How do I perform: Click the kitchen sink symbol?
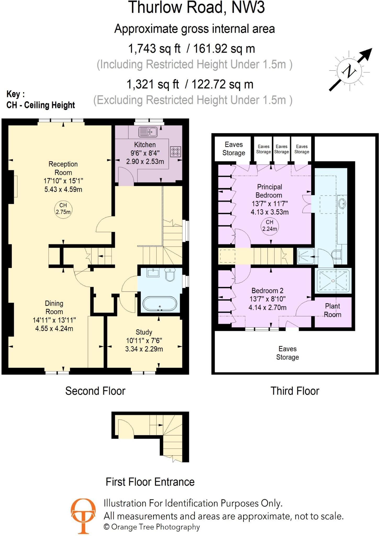[x=148, y=132]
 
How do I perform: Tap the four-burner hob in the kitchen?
[x=175, y=152]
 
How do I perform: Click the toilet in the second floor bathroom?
[x=170, y=274]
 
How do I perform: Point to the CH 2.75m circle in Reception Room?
[x=63, y=209]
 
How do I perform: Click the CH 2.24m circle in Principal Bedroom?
[x=270, y=226]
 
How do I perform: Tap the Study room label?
[x=144, y=332]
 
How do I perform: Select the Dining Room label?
[x=54, y=308]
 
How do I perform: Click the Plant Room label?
[x=332, y=310]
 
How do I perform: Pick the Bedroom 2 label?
[x=267, y=291]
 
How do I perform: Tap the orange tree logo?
[x=83, y=516]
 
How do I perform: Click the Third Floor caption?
[x=295, y=391]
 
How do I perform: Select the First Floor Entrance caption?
[x=150, y=482]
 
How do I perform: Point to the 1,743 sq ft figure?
[x=154, y=49]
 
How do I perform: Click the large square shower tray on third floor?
[x=333, y=281]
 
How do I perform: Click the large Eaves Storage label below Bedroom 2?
[x=288, y=353]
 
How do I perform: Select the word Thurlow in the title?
[x=155, y=7]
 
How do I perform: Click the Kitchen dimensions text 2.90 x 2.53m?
[x=145, y=161]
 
